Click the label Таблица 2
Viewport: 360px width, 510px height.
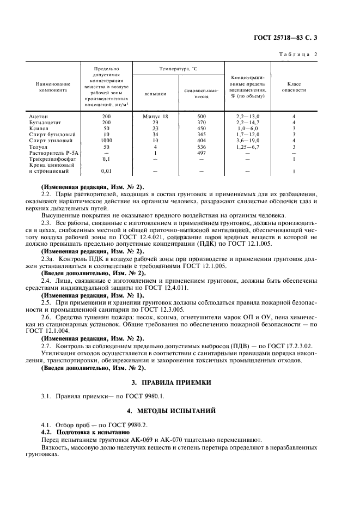coord(298,54)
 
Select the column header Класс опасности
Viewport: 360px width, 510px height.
coord(293,87)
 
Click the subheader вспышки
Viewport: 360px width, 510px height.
coord(155,94)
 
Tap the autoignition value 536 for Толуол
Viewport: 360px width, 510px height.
coord(201,147)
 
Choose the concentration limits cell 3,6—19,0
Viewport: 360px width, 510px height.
coord(248,141)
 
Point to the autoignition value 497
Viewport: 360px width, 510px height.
coord(201,153)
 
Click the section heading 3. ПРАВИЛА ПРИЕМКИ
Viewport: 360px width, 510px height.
coord(180,382)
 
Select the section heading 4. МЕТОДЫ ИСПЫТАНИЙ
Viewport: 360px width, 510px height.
coord(180,410)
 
